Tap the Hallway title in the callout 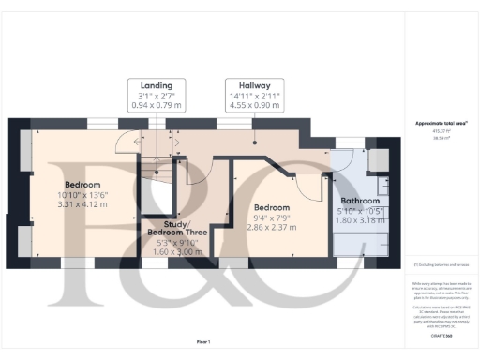[254, 84]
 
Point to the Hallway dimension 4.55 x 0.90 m [254, 106]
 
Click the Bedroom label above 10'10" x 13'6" [83, 184]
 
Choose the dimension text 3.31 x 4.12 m [83, 203]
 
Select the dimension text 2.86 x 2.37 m [271, 226]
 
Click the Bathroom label [361, 201]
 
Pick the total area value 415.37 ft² [435, 130]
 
